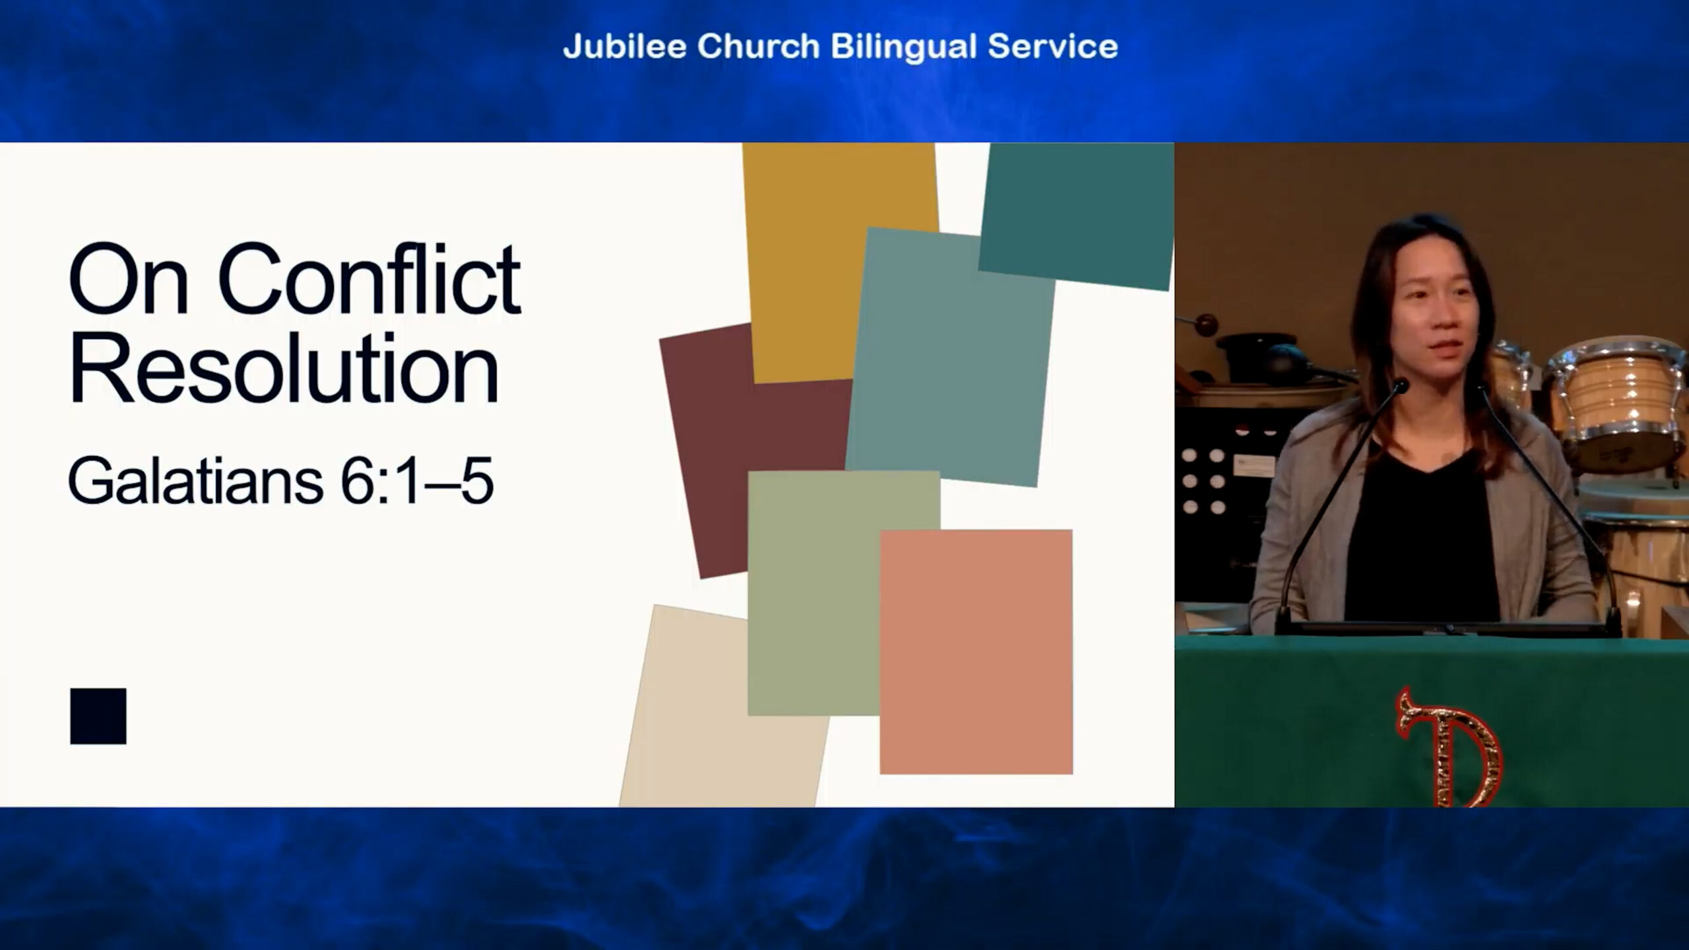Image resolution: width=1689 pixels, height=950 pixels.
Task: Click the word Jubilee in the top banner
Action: coord(624,46)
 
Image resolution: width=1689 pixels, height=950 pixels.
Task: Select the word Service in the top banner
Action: coord(1052,46)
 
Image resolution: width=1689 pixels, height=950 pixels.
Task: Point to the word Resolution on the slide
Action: coord(284,368)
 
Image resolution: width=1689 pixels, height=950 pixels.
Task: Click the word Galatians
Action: coord(195,481)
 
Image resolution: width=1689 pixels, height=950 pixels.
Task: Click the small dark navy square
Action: coord(98,716)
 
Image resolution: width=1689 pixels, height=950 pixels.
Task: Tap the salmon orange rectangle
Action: coord(976,651)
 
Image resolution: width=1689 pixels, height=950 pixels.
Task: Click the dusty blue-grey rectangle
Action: coord(950,356)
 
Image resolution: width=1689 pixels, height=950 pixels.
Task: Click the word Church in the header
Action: coord(758,46)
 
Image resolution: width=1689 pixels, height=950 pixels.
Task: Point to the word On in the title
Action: coord(129,280)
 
